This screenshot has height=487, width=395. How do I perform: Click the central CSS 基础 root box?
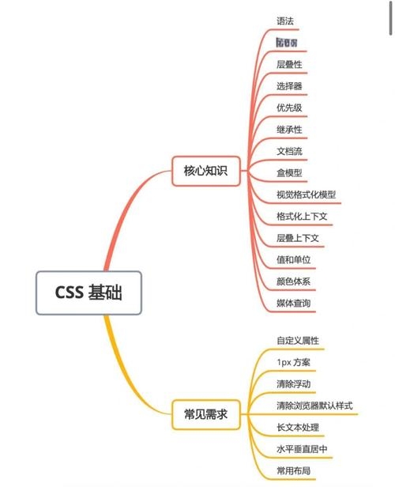pos(88,293)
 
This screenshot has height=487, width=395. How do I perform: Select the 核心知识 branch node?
pos(205,170)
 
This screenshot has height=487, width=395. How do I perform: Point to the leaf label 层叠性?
pos(289,64)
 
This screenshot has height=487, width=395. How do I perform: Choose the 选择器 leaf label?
pos(289,85)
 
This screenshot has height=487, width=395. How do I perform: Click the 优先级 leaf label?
pos(289,108)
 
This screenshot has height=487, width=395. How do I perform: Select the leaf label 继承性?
pos(289,129)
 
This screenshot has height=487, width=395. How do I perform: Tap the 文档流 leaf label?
pos(289,150)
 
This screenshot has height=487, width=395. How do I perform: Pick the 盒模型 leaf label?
pos(289,172)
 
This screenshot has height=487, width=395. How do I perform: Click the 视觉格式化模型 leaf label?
pos(306,194)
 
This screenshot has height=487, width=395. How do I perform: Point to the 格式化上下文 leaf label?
pos(301,216)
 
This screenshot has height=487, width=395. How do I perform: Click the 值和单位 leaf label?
pos(293,259)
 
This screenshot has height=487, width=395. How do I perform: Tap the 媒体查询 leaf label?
pos(293,303)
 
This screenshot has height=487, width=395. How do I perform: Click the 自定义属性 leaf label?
pos(297,341)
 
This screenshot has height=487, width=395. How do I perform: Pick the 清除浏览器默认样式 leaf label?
pos(314,406)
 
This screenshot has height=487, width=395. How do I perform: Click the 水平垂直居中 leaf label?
pos(301,449)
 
